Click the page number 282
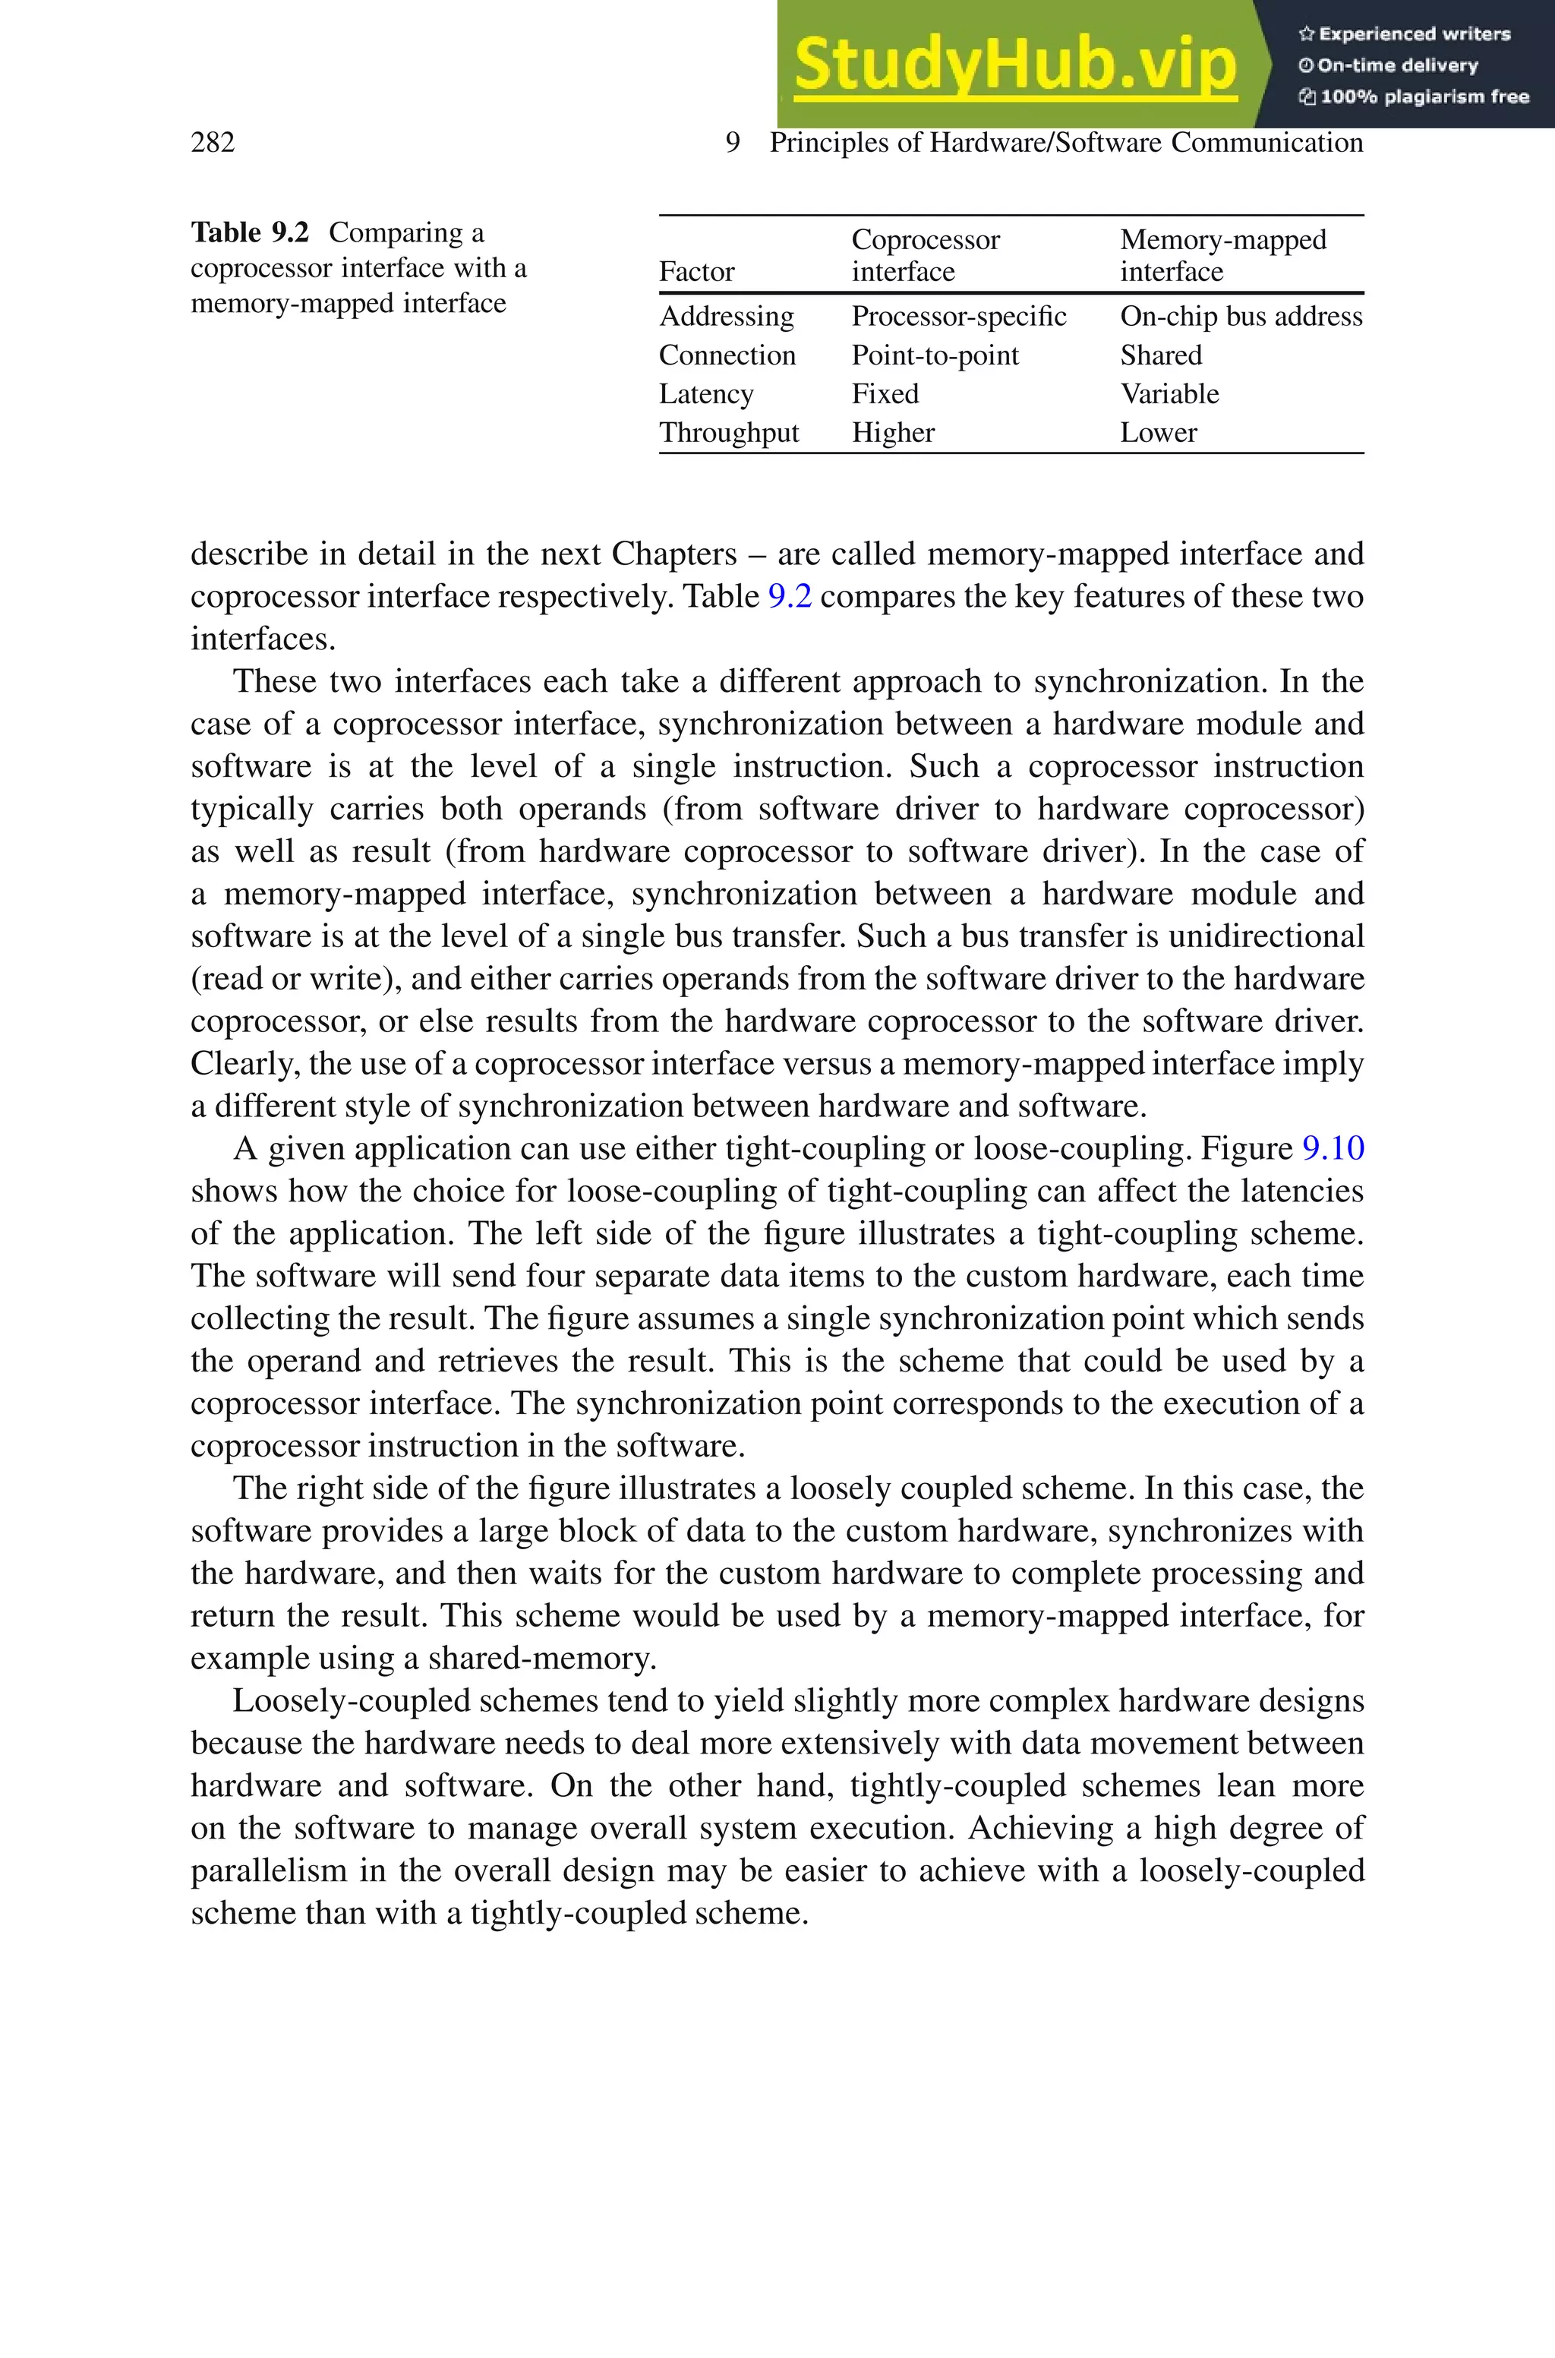pos(213,143)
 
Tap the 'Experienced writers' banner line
pos(1404,33)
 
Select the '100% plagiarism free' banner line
pos(1415,97)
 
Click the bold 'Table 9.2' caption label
pos(250,233)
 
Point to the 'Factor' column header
pos(696,272)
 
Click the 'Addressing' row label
pos(726,317)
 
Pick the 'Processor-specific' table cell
pos(958,317)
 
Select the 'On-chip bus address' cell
pos(1241,317)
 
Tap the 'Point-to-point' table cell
pos(934,355)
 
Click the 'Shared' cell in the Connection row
pos(1160,355)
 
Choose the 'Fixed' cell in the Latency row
pos(885,393)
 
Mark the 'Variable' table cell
pos(1169,393)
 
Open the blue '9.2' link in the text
pos(790,597)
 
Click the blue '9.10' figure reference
pos(1332,1148)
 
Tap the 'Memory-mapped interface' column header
pos(1222,256)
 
